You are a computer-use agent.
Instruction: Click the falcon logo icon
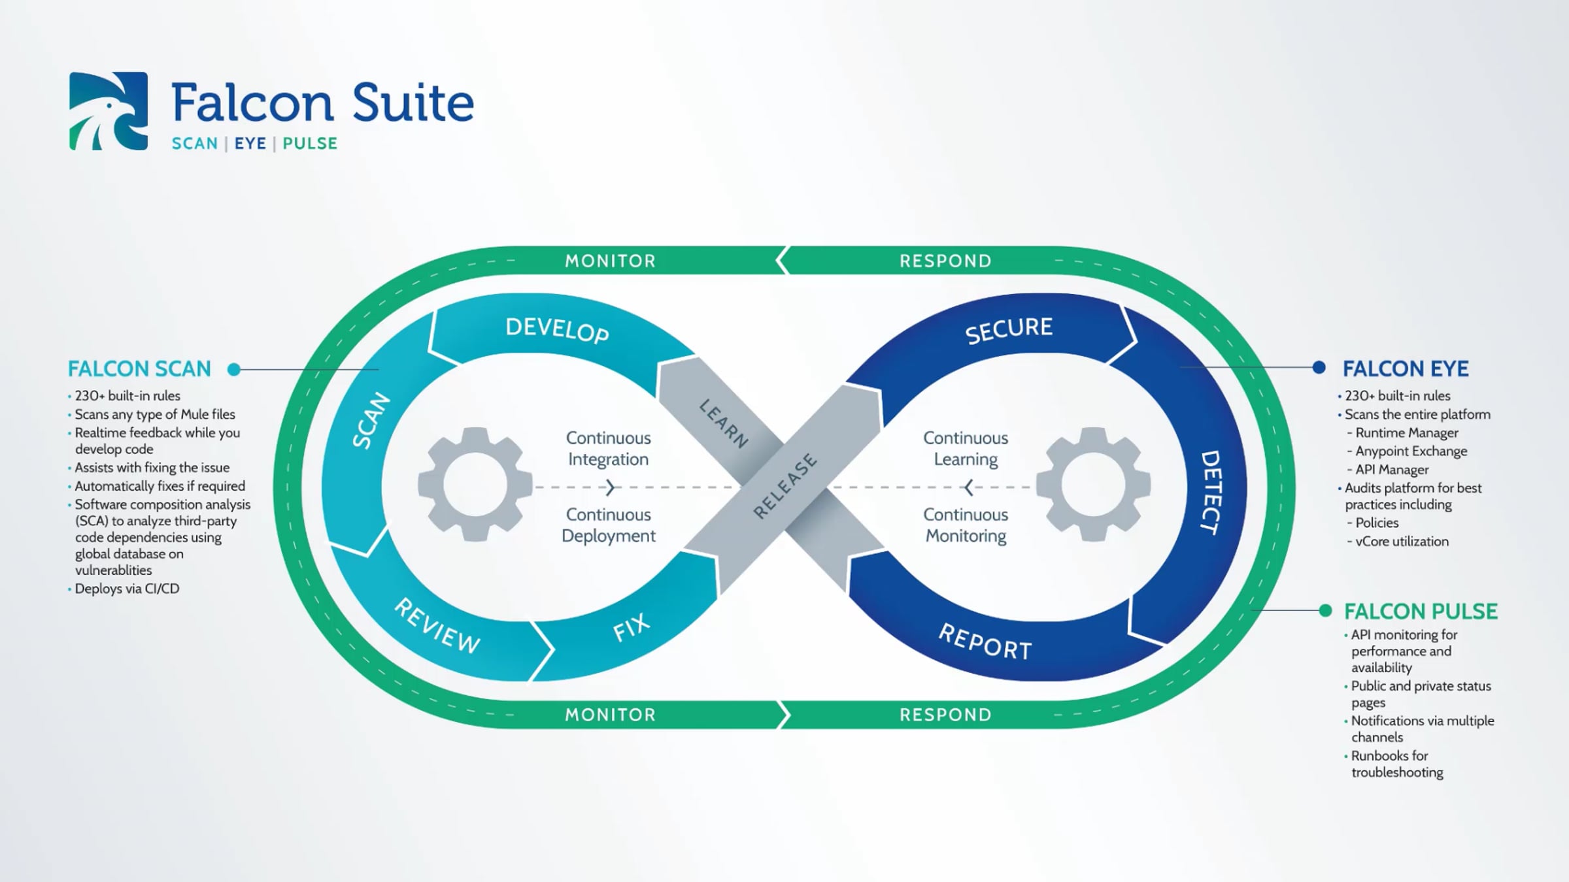[x=109, y=111]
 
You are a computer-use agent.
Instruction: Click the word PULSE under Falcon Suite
[x=310, y=144]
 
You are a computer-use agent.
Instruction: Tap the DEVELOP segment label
[x=557, y=330]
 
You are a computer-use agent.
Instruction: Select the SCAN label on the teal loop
[x=371, y=421]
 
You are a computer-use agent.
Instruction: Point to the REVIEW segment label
[x=437, y=627]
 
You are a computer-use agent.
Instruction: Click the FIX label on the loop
[x=632, y=627]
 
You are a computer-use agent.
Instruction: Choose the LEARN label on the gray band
[x=723, y=423]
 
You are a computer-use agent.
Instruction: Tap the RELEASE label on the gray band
[x=785, y=486]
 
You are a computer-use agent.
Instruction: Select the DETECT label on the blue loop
[x=1210, y=493]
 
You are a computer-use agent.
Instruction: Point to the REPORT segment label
[x=985, y=642]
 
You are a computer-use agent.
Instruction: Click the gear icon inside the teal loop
[x=475, y=484]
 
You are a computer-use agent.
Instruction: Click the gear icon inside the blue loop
[x=1093, y=484]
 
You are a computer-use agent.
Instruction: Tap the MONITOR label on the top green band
[x=610, y=261]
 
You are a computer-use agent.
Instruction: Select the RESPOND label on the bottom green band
[x=945, y=715]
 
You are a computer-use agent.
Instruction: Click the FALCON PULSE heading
[x=1421, y=612]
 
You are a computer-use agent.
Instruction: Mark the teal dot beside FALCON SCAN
[x=234, y=370]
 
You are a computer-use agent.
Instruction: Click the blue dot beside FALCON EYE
[x=1319, y=368]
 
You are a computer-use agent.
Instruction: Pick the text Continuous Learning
[x=966, y=448]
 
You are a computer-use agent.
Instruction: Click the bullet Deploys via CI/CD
[x=127, y=589]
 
